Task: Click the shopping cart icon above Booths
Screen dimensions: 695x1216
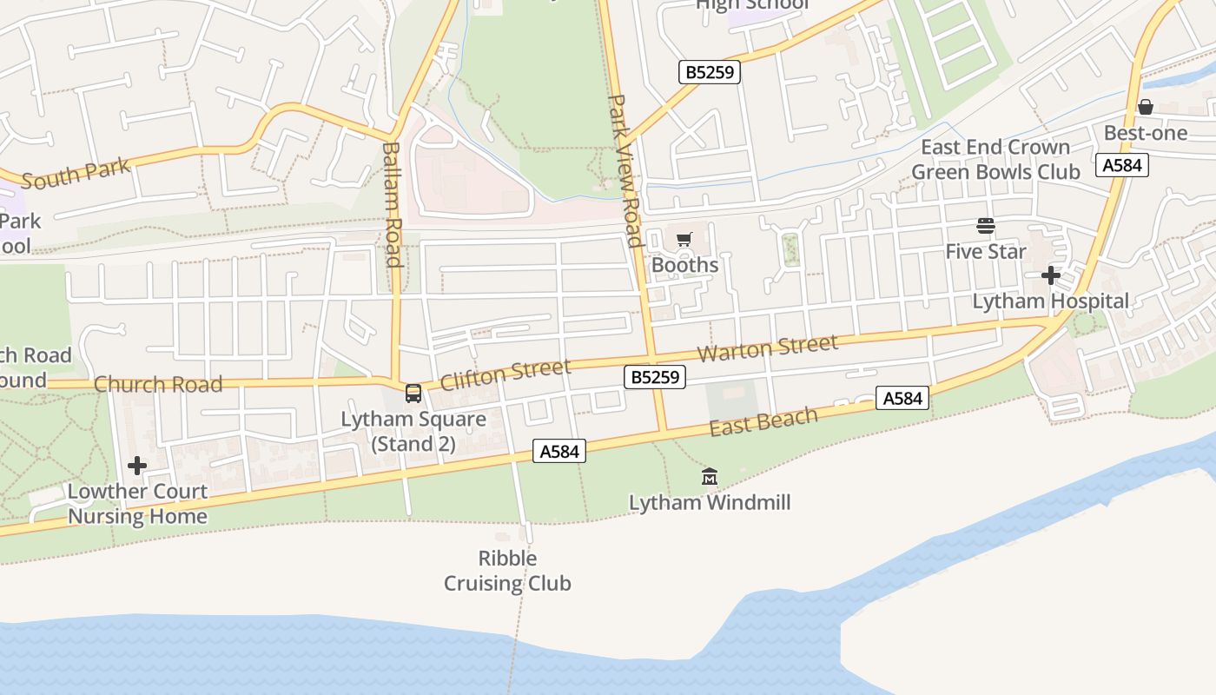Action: pos(684,240)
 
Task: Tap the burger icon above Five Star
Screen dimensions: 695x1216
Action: pos(985,226)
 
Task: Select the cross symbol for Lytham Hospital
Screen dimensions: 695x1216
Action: pos(1051,275)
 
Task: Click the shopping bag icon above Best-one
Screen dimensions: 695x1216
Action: pos(1146,107)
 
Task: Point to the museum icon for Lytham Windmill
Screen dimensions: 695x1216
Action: pos(710,476)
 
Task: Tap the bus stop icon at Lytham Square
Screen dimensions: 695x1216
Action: pos(413,393)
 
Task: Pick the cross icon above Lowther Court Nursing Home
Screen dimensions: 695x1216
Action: pos(137,466)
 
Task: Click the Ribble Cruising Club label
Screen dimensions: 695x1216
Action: pos(507,571)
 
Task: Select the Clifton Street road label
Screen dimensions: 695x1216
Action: pos(506,375)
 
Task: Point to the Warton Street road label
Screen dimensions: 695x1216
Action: pos(769,348)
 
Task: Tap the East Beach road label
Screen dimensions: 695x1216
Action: pos(763,421)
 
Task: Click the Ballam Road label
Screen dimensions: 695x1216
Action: pos(391,204)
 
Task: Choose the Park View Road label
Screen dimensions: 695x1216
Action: pos(625,171)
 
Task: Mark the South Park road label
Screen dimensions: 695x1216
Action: pos(76,173)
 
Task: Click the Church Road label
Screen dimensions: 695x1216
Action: pos(158,384)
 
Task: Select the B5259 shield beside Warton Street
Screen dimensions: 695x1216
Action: pos(655,377)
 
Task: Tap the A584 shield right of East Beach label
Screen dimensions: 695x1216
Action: pos(902,398)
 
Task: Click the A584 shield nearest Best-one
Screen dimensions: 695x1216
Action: pos(1122,165)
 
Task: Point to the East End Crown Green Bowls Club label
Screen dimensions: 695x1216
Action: pos(995,160)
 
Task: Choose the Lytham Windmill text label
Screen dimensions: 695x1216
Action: pos(710,503)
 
